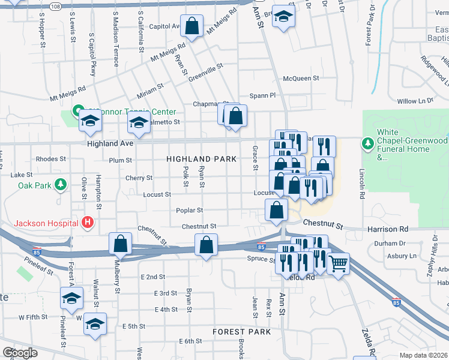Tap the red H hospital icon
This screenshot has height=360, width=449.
88,223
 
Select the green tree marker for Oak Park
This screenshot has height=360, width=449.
59,186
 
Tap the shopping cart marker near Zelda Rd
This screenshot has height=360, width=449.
339,263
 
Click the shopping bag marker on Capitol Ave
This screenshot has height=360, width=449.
191,26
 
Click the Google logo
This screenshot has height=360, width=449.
19,353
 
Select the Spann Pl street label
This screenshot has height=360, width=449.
262,95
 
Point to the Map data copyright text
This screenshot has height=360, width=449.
424,355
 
